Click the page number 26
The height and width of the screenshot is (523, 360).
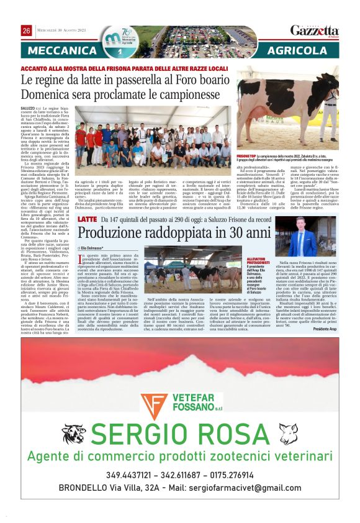pos(27,30)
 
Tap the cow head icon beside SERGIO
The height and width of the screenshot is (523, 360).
pos(73,434)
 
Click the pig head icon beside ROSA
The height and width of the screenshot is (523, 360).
pos(287,433)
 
